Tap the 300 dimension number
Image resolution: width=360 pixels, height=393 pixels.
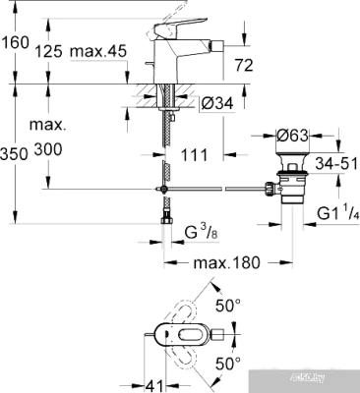pyautogui.click(x=46, y=150)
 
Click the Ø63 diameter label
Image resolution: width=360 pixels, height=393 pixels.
pyautogui.click(x=292, y=135)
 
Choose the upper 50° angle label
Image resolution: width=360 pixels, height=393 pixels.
pyautogui.click(x=228, y=306)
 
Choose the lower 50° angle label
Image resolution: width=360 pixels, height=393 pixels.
pyautogui.click(x=228, y=362)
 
